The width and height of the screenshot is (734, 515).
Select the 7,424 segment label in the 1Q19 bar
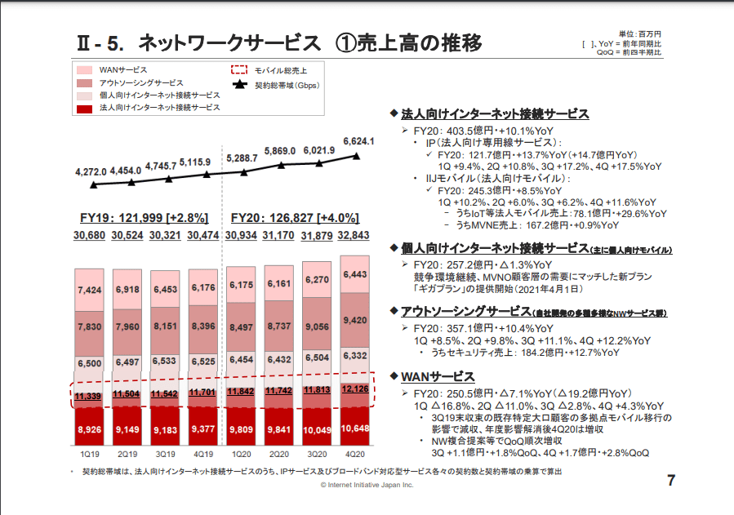(x=89, y=290)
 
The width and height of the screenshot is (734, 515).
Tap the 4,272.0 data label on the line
(x=91, y=171)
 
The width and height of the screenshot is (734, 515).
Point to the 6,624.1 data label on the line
(x=358, y=141)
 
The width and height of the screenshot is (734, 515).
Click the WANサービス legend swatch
(x=85, y=71)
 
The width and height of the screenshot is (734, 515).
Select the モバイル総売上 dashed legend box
(x=240, y=71)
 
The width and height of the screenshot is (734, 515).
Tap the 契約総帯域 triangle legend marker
(x=240, y=84)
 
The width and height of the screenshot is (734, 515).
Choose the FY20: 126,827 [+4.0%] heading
(x=296, y=218)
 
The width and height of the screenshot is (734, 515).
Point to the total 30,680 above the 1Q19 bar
(x=89, y=236)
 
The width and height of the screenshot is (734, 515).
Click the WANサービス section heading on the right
(x=438, y=376)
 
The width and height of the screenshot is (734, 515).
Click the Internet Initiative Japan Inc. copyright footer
(x=367, y=485)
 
